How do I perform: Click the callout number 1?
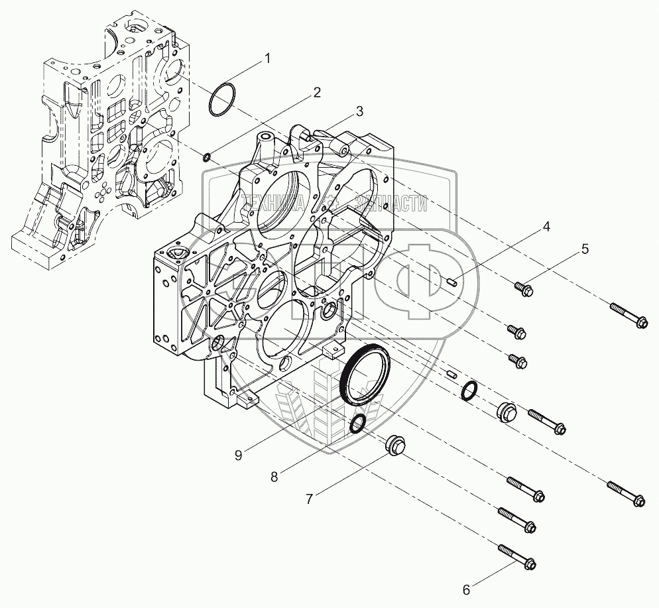pyautogui.click(x=267, y=58)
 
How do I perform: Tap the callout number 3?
pyautogui.click(x=359, y=111)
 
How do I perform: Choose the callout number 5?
pyautogui.click(x=584, y=249)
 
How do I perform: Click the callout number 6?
pyautogui.click(x=465, y=588)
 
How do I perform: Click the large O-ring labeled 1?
pyautogui.click(x=220, y=98)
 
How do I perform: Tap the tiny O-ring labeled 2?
pyautogui.click(x=207, y=157)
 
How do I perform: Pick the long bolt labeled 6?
pyautogui.click(x=517, y=557)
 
